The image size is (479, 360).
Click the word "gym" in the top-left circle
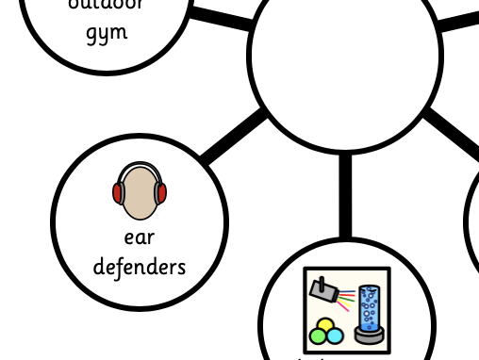coord(106,34)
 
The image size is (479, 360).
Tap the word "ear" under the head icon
coord(140,237)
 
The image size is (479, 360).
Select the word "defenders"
coord(140,267)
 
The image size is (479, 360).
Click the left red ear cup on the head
coord(118,193)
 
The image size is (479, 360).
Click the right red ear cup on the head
coord(161,193)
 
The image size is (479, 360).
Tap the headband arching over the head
coord(140,167)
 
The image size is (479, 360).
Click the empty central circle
coord(345,57)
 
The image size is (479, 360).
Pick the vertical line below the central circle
coord(345,193)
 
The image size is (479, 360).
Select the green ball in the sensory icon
coord(319,337)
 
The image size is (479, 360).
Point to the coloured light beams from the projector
coord(345,298)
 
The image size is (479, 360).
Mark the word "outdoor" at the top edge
coord(106,5)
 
